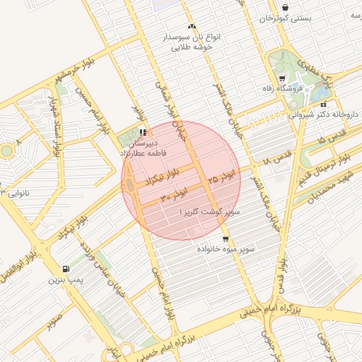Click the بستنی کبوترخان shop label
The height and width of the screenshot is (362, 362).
pos(285,18)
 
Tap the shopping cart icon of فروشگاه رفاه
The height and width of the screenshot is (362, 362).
pos(283,78)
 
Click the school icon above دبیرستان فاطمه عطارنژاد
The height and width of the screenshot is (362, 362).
pos(143,132)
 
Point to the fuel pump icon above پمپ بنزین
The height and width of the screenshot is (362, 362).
pos(66,269)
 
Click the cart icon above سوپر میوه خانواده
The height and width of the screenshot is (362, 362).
pos(226,238)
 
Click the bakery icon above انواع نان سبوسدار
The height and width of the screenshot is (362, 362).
pos(192,26)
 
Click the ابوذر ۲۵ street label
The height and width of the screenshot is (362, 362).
pos(215,180)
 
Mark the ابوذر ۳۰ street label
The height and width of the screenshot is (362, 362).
pos(174,194)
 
